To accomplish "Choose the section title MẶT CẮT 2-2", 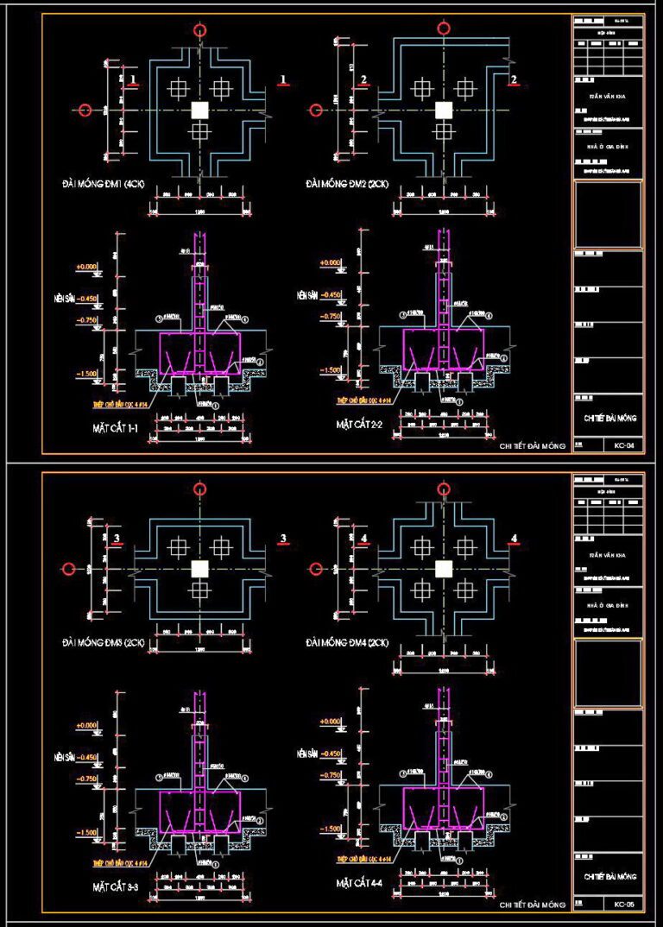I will tap(364, 425).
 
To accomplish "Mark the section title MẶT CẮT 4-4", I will tap(364, 884).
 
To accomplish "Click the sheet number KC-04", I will tap(623, 446).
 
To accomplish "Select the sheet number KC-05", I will tap(623, 905).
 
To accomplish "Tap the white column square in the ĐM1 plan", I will tap(200, 110).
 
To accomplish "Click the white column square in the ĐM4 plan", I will tap(444, 569).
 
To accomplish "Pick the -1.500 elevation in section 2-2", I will tap(331, 370).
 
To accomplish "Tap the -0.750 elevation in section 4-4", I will tap(331, 775).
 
